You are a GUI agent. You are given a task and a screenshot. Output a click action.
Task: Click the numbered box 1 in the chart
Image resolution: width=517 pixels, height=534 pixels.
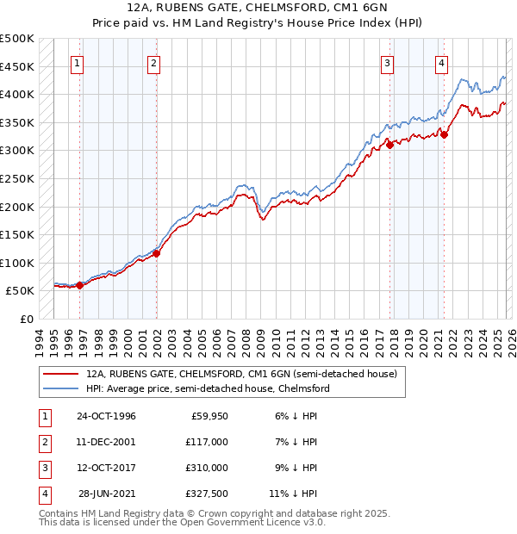click(78, 63)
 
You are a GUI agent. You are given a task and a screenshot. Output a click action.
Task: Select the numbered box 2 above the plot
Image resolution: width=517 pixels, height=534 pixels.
click(153, 63)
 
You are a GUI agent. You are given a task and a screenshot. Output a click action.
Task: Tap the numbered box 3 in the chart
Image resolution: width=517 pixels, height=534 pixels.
click(388, 63)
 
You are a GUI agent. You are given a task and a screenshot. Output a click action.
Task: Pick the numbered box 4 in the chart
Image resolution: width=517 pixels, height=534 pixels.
click(441, 63)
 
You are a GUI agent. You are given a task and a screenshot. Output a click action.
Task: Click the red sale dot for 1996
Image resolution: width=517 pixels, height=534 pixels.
click(79, 285)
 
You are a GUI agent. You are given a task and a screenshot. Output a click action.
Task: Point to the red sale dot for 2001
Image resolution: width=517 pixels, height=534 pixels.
click(156, 253)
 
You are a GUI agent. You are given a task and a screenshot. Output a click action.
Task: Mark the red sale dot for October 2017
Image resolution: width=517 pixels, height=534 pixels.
click(389, 145)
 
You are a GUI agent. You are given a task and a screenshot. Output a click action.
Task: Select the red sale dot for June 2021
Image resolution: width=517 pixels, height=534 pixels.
click(444, 134)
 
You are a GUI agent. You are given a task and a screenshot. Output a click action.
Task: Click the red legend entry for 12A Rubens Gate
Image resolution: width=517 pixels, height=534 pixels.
click(241, 375)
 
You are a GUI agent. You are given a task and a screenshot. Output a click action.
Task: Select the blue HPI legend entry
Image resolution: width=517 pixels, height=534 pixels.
click(208, 389)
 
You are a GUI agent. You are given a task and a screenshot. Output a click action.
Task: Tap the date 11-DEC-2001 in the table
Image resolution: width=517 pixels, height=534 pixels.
click(106, 441)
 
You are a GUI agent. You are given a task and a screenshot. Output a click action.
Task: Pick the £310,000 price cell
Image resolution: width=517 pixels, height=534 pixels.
click(206, 467)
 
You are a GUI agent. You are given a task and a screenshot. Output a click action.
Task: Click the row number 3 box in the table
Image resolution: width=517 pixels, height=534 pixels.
click(43, 467)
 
